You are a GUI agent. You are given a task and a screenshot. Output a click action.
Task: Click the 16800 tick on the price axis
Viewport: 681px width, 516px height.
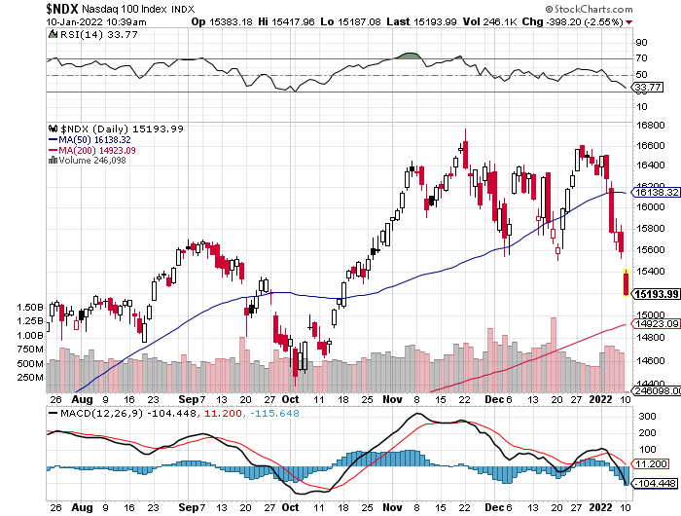coord(650,125)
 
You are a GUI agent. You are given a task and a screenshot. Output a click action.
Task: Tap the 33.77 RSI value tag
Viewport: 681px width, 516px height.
coord(647,87)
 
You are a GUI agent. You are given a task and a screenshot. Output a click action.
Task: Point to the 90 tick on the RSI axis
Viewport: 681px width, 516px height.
coord(642,43)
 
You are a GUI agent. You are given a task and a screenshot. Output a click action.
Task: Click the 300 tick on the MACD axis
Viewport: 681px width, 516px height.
coord(644,415)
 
